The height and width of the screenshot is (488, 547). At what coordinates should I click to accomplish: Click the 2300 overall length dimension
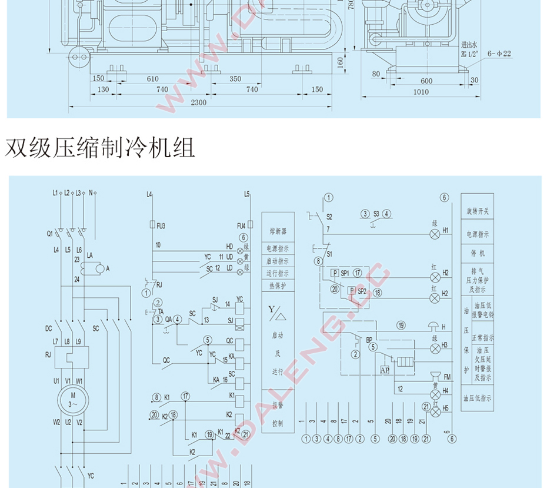(x=199, y=102)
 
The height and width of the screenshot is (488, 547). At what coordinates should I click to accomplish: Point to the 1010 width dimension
(x=421, y=92)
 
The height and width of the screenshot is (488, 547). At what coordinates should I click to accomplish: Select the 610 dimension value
(x=153, y=79)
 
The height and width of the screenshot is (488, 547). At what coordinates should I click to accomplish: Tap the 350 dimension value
(x=235, y=79)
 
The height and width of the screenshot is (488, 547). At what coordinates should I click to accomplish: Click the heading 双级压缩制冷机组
(x=100, y=148)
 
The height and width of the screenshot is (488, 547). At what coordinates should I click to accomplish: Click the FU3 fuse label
(x=162, y=225)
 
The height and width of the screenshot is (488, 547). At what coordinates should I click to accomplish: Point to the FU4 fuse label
(x=241, y=225)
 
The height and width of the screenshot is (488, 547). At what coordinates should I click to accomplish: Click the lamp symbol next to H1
(x=434, y=234)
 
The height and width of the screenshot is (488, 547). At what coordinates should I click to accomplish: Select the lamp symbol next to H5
(x=434, y=411)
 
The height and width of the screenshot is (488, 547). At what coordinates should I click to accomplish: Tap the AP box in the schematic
(x=385, y=370)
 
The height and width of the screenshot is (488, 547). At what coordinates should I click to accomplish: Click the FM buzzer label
(x=446, y=377)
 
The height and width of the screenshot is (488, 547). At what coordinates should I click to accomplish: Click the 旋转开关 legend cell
(x=477, y=211)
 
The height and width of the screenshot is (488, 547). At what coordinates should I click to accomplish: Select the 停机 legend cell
(x=477, y=254)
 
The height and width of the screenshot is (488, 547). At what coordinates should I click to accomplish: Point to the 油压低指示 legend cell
(x=477, y=399)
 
